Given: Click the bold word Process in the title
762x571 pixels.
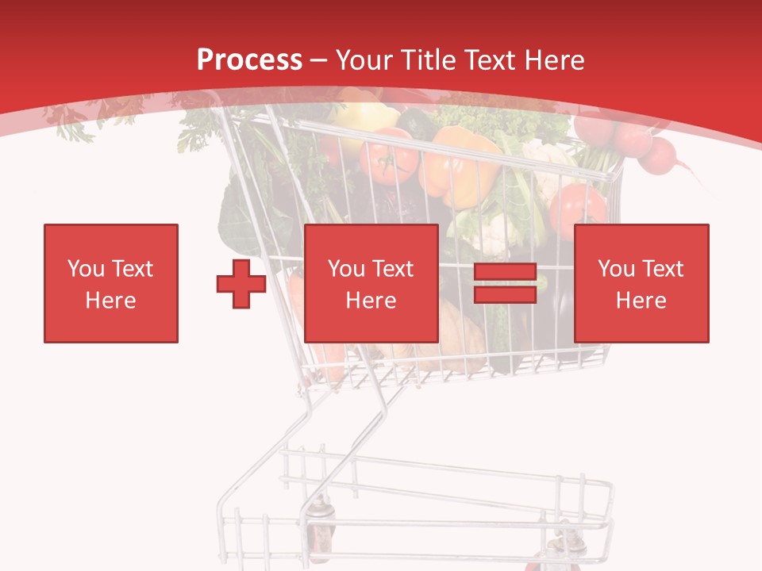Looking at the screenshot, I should coord(249,59).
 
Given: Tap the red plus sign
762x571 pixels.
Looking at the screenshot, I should coord(241,284).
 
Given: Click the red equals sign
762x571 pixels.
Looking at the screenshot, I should coord(505,283).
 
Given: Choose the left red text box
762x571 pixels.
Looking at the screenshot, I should coord(111,283).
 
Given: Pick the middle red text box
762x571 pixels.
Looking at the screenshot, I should coord(371,283).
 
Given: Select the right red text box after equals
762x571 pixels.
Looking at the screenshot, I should coord(641,283).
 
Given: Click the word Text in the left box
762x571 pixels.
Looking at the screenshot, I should coord(132,268).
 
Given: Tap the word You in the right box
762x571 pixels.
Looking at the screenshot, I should coord(616,268).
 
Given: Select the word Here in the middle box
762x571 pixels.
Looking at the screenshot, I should coord(371,300).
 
